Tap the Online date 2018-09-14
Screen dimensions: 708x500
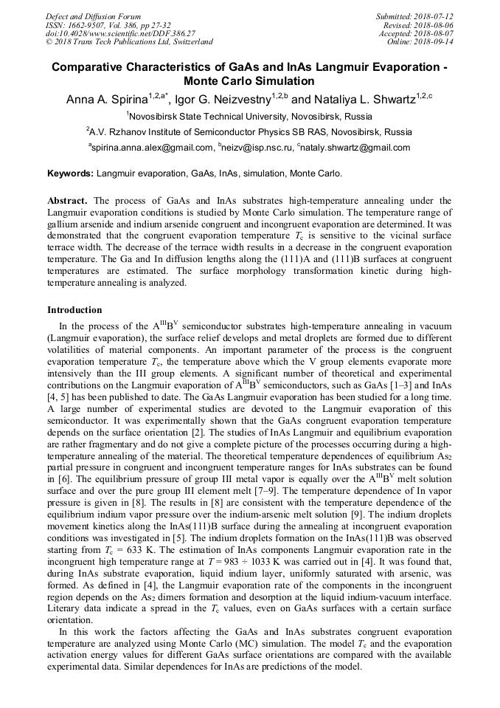point(434,43)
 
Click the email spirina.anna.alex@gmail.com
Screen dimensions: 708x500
point(152,148)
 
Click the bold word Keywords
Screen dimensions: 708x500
point(70,174)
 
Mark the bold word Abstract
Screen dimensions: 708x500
point(67,200)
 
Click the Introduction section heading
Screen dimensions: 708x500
point(74,310)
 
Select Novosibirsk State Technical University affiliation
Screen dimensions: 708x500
point(250,116)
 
